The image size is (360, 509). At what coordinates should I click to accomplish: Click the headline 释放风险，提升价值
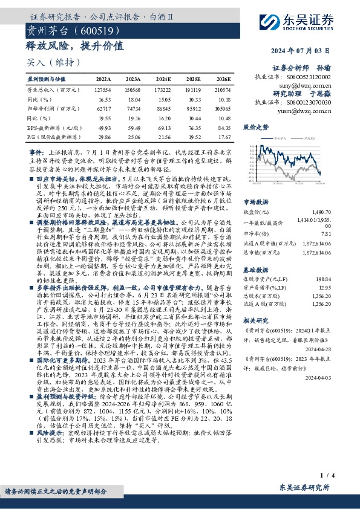tap(76, 45)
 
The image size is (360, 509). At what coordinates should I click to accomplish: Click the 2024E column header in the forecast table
tap(165, 80)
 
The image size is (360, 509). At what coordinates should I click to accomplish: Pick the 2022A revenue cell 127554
tap(103, 89)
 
